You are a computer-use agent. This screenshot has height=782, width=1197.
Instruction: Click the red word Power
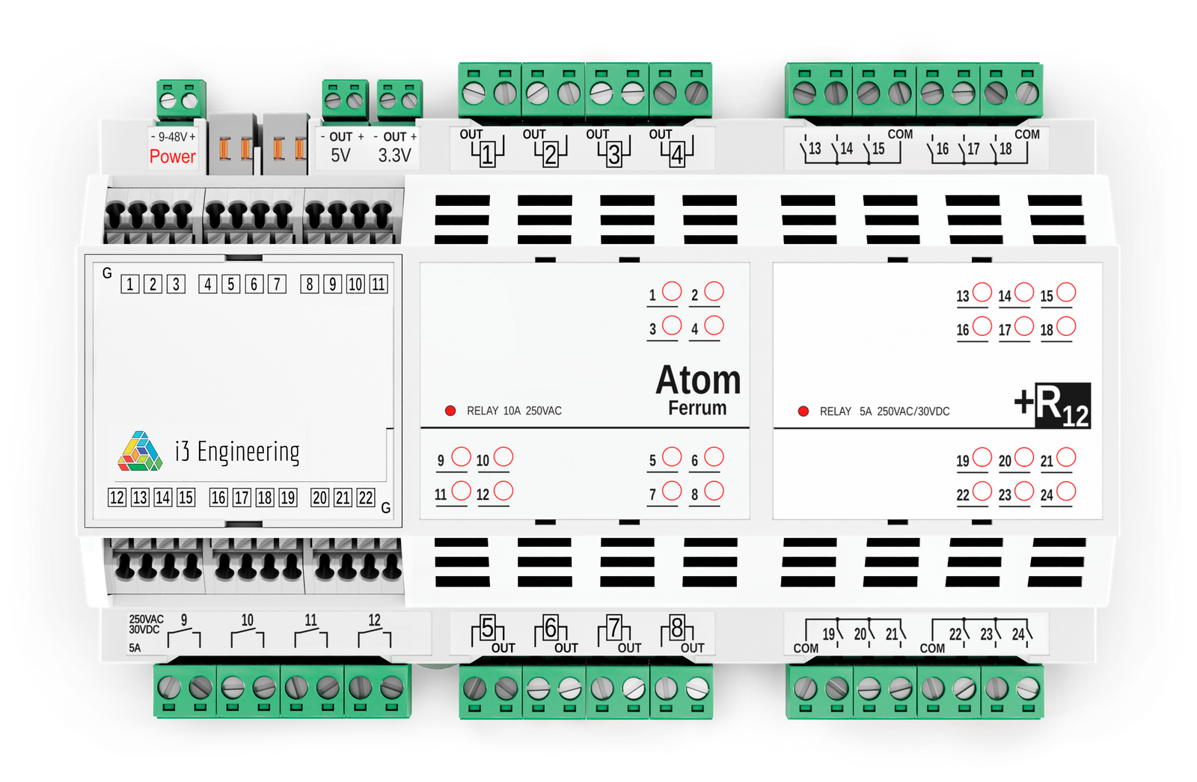172,156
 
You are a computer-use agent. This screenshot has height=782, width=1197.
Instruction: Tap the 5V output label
340,155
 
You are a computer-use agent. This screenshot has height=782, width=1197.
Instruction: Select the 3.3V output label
394,155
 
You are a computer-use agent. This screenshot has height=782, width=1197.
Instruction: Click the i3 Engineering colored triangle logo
140,451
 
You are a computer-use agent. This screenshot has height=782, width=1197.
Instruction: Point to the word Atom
698,380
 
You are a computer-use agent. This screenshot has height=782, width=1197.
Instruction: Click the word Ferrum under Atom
697,408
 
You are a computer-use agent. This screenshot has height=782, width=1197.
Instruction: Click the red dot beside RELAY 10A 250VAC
450,411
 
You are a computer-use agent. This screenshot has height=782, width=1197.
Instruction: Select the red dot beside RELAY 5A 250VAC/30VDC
803,411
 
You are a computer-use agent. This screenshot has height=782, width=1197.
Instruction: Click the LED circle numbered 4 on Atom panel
714,326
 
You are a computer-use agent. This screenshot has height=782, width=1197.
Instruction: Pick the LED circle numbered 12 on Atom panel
503,491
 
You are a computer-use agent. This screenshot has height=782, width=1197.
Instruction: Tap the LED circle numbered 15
1066,293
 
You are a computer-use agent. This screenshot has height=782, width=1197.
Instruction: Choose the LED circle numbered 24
1066,492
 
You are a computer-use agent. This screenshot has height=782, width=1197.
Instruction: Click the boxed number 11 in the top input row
379,284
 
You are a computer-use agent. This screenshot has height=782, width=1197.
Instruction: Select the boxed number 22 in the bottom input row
365,498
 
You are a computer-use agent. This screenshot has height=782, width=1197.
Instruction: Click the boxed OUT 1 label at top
487,154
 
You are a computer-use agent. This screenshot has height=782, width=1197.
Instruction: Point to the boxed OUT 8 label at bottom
677,627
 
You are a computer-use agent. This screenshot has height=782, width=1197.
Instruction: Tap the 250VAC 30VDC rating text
146,624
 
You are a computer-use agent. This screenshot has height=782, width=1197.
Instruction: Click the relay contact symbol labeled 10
248,638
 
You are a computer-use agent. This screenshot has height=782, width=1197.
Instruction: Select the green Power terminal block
180,99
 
